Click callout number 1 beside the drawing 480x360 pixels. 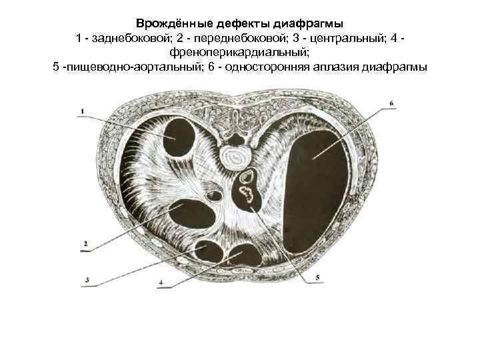point(82,111)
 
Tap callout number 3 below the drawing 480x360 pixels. point(87,280)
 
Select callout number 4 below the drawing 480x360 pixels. point(161,282)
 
